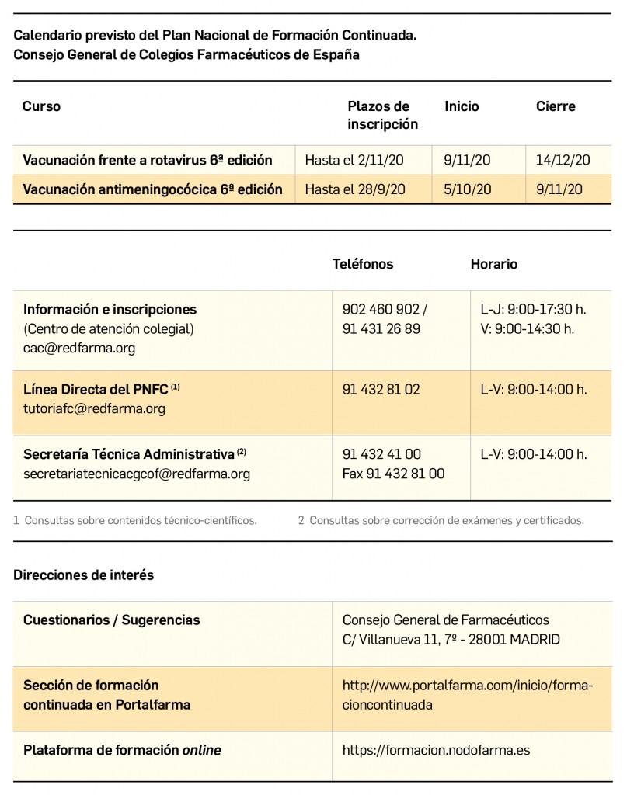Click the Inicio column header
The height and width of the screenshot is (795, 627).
[462, 106]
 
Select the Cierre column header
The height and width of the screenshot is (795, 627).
[556, 106]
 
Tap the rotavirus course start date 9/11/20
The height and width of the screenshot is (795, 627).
[467, 161]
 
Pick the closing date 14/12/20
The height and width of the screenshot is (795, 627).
[563, 161]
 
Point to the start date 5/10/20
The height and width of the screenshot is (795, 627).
[467, 189]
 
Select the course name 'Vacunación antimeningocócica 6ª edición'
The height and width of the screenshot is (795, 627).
[152, 189]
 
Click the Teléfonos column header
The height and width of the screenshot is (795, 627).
[363, 264]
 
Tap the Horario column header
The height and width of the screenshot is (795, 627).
[493, 264]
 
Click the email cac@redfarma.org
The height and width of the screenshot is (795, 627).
[79, 349]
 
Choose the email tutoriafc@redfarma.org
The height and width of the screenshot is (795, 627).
[94, 409]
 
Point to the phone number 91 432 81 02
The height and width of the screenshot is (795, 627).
[381, 390]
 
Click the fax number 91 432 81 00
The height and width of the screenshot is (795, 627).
[393, 474]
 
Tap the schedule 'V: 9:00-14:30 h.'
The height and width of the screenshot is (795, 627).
[528, 328]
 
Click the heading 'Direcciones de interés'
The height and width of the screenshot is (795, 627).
[84, 575]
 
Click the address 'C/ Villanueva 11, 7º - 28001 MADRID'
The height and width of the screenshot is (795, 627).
[451, 640]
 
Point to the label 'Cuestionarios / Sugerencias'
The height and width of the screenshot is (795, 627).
[111, 620]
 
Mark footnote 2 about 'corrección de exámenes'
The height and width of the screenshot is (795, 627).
[441, 520]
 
